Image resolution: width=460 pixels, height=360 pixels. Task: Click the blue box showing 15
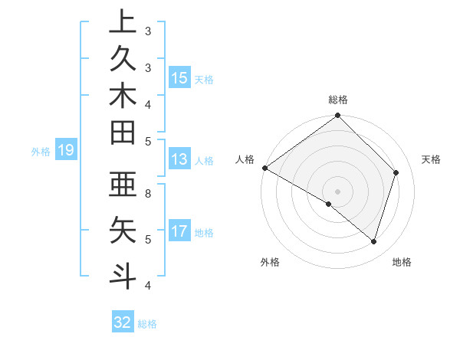coord(179,78)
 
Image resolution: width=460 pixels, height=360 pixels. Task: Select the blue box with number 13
coord(179,160)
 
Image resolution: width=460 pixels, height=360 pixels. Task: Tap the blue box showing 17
coord(179,231)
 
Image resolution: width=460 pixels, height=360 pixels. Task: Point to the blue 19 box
coord(66,151)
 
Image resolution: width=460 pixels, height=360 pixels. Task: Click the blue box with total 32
coord(123,322)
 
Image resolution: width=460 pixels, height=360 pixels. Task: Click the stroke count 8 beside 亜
coord(148,194)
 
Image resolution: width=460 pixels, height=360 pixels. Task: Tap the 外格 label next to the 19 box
coord(41,152)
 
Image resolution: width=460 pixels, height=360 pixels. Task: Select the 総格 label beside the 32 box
coord(147,324)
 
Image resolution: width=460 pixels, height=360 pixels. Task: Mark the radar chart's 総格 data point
coord(337,116)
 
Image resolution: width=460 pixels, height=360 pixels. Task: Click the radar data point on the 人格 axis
coord(264,168)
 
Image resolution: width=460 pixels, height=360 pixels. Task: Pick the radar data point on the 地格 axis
coord(373,241)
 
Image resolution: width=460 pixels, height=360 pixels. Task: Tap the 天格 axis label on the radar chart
coord(431,159)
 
